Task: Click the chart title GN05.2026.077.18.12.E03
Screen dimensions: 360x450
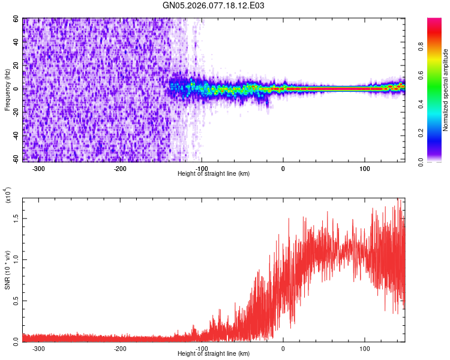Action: pyautogui.click(x=214, y=5)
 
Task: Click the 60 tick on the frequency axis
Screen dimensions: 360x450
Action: pyautogui.click(x=16, y=19)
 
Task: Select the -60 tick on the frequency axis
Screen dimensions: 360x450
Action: pyautogui.click(x=15, y=159)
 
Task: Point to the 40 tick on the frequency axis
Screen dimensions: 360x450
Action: pyautogui.click(x=16, y=43)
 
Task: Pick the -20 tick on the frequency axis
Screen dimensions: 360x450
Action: pyautogui.click(x=15, y=112)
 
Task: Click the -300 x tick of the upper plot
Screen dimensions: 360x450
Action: pyautogui.click(x=38, y=169)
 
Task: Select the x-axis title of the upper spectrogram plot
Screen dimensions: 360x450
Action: pyautogui.click(x=214, y=174)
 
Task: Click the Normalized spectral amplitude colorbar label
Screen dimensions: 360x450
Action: pyautogui.click(x=446, y=90)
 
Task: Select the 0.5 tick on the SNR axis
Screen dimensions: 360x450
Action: pyautogui.click(x=15, y=301)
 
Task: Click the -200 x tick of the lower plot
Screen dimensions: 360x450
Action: pyautogui.click(x=120, y=349)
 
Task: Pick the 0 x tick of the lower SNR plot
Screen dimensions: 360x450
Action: pyautogui.click(x=283, y=349)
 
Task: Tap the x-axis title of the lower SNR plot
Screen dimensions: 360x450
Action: pyautogui.click(x=214, y=355)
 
